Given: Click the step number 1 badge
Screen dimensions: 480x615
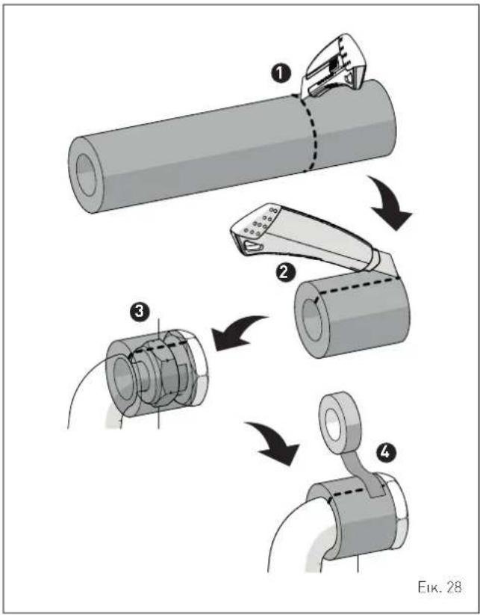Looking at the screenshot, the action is pos(281,75).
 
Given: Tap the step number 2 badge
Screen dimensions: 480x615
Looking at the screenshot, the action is pos(284,271).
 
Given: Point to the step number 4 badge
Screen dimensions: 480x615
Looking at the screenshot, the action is pos(386,452).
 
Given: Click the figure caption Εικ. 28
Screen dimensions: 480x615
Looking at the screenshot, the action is pos(438,587).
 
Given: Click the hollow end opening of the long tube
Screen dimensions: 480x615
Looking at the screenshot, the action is pos(86,175).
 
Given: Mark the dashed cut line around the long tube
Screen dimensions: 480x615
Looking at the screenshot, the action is pos(311,132).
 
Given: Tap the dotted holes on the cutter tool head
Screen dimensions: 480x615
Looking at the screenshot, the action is pos(259,223).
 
